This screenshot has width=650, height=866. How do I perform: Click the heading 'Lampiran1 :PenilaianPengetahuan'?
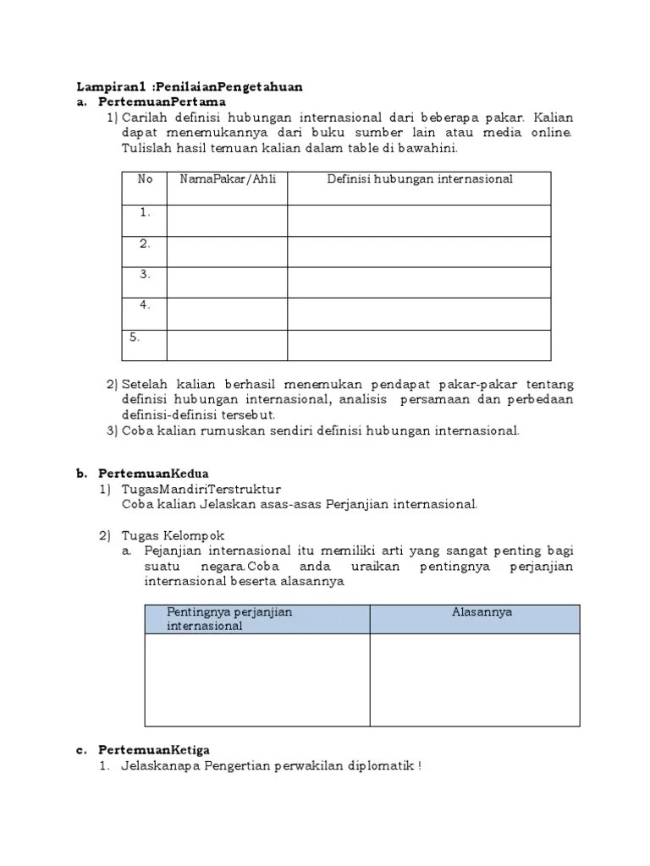pos(190,86)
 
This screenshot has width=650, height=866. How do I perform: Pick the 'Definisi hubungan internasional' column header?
pos(420,179)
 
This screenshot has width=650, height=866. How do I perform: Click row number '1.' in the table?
pos(146,213)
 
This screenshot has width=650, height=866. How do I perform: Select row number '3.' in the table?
pos(146,274)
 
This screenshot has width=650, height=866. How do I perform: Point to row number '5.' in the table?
pos(135,337)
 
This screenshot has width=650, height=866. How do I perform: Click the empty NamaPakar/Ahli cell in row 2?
pos(227,251)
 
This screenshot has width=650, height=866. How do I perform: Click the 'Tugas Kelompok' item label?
pos(173,535)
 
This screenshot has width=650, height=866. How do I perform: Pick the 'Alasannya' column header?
pos(482,611)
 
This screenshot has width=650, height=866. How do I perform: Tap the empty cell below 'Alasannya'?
pos(475,680)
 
